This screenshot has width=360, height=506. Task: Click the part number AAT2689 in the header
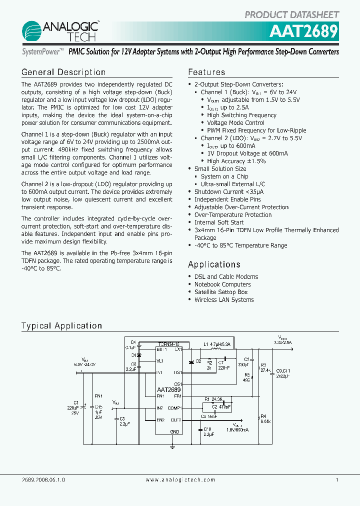(x=303, y=32)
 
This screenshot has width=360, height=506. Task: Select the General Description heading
(x=63, y=72)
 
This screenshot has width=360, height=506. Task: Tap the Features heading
(x=206, y=72)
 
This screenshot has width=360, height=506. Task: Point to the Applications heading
(x=214, y=264)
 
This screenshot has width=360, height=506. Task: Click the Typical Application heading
(x=61, y=326)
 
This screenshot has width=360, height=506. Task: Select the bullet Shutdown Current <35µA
(x=229, y=191)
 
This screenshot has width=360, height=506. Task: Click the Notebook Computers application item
(x=222, y=284)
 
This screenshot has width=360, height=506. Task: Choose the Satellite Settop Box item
(x=221, y=292)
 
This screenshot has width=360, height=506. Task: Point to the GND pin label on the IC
(x=174, y=431)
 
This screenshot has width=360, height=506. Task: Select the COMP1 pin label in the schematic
(x=174, y=408)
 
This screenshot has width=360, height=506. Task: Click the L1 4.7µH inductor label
(x=216, y=344)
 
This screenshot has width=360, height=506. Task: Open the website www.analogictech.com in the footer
(x=180, y=479)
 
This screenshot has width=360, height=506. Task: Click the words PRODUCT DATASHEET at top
(x=291, y=14)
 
